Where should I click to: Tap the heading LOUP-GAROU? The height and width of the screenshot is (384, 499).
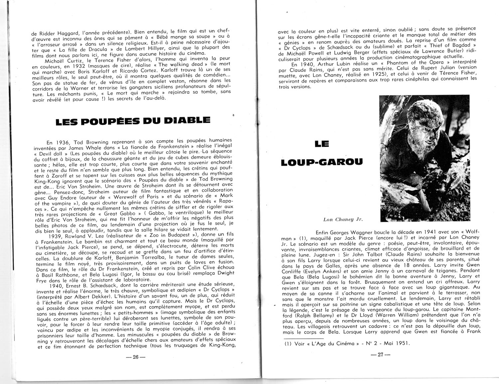(x=322, y=162)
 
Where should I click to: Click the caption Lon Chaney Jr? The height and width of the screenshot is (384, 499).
(x=343, y=219)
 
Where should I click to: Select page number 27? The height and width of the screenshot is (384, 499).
(x=380, y=354)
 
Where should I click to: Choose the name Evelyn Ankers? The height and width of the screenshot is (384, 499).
(x=315, y=271)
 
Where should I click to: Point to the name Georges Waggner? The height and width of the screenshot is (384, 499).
(x=349, y=232)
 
